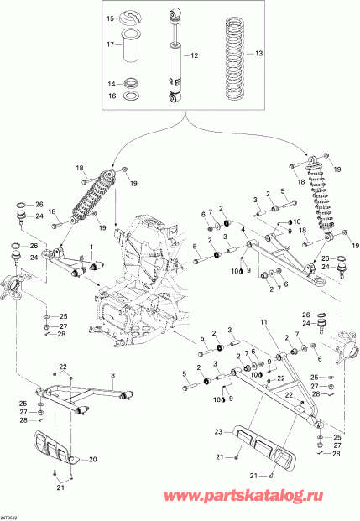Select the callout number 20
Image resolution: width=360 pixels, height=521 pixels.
point(93,459)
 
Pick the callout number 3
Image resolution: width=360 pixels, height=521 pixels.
point(254,197)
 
